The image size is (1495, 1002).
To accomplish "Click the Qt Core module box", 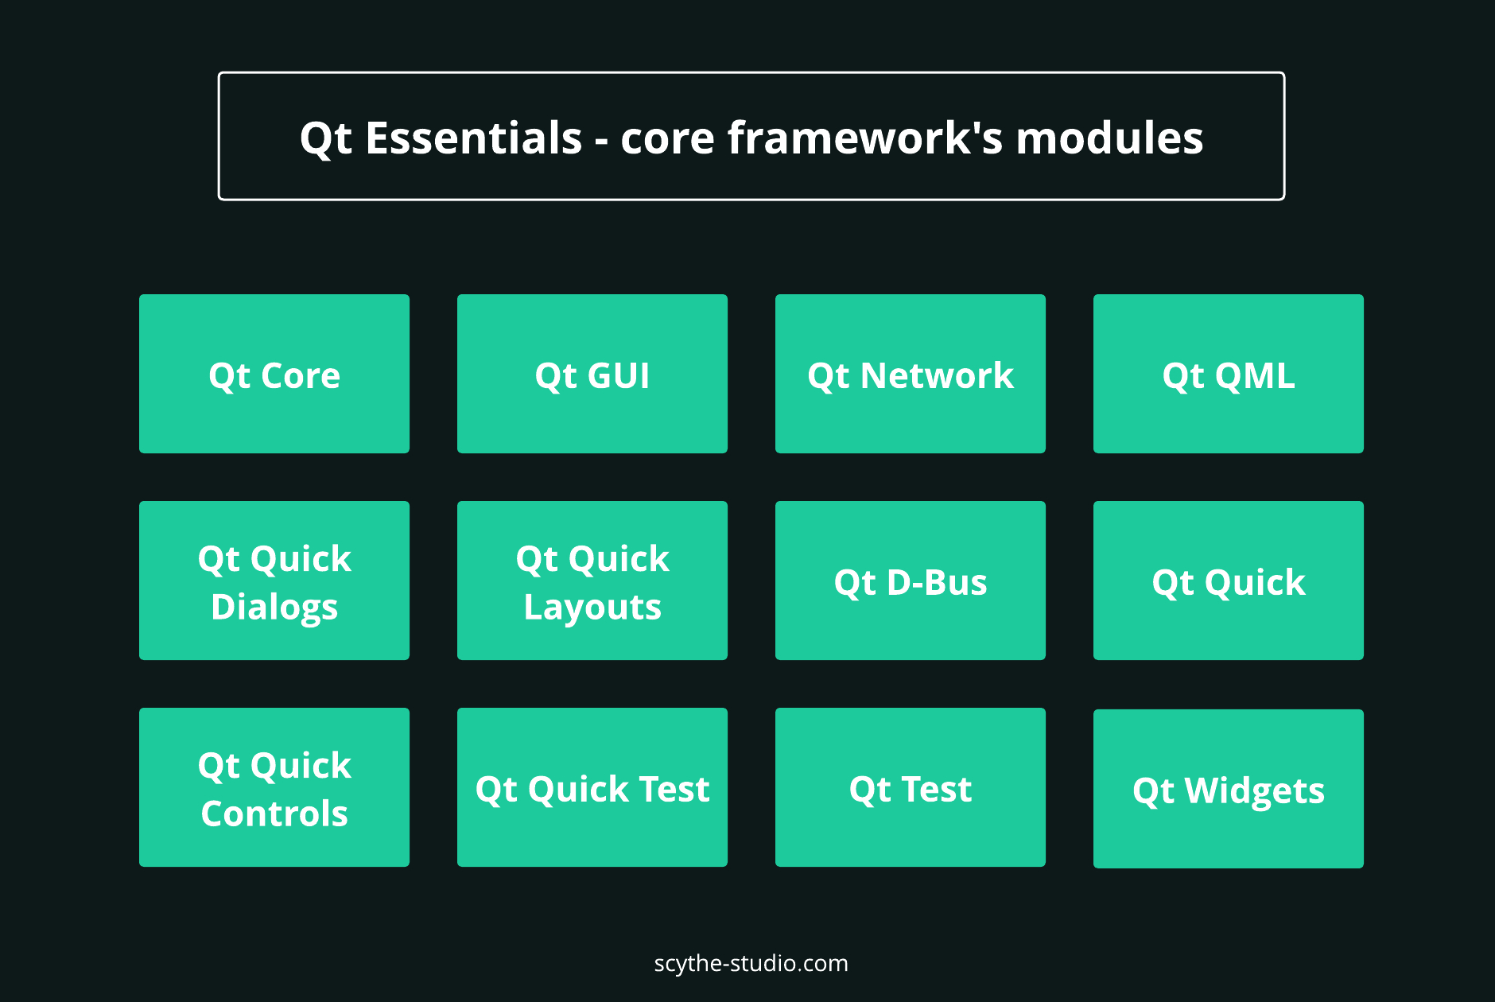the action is (x=274, y=374).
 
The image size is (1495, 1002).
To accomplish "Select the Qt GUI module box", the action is (x=592, y=374).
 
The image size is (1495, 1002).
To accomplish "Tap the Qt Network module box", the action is (x=911, y=374).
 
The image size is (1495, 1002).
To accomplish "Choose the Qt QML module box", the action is (x=1229, y=374).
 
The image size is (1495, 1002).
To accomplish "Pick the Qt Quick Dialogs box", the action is (x=274, y=581).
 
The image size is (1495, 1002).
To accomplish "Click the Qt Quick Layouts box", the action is (x=592, y=581).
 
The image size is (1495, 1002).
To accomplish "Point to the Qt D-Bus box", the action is (x=911, y=581).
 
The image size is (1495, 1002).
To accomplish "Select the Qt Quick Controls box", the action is (x=274, y=787).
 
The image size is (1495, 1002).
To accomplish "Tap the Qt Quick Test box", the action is (x=592, y=787).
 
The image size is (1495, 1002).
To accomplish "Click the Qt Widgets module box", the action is (x=1229, y=789).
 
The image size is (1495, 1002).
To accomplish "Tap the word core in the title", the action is (x=667, y=139).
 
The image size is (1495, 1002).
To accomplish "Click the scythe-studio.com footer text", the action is (x=751, y=964).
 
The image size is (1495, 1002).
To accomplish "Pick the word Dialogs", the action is (x=274, y=608).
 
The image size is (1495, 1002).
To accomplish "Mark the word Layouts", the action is (x=592, y=608).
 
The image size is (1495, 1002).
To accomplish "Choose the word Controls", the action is (x=274, y=814).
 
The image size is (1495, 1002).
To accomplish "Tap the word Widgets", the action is (x=1255, y=792).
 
